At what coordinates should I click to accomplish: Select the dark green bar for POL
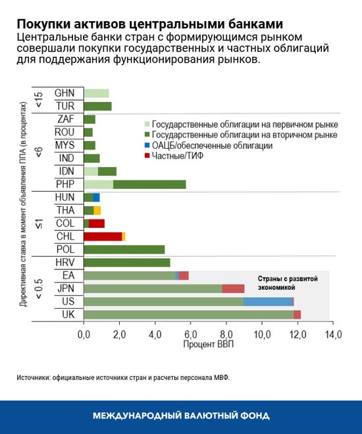124,250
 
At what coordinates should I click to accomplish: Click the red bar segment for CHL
103,236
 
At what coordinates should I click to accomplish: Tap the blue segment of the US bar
268,302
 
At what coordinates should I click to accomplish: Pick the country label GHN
65,93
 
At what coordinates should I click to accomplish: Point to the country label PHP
65,184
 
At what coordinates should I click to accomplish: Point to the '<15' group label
39,99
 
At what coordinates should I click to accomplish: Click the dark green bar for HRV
127,262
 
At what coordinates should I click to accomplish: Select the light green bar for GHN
96,94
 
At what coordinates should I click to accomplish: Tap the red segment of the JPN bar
233,288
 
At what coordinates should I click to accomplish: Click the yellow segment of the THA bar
97,210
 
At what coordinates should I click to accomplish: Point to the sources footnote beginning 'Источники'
124,377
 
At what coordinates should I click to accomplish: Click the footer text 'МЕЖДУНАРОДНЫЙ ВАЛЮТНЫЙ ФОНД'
181,416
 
